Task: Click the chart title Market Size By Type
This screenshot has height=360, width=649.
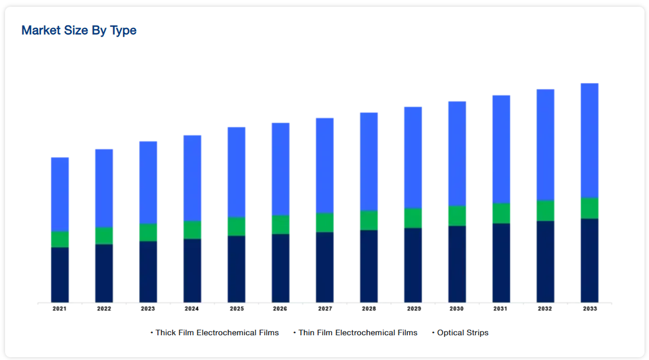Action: click(x=79, y=30)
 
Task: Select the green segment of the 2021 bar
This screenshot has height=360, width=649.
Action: click(x=60, y=239)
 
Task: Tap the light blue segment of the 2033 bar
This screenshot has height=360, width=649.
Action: click(x=589, y=140)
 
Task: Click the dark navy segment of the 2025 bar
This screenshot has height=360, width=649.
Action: click(x=237, y=269)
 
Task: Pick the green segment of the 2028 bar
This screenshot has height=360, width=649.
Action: click(x=369, y=220)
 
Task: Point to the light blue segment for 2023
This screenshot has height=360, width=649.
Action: click(x=148, y=183)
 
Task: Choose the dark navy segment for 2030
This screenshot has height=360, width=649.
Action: click(x=457, y=264)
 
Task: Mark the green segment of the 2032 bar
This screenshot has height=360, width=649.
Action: click(x=546, y=211)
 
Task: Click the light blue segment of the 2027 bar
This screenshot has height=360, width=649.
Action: click(x=325, y=166)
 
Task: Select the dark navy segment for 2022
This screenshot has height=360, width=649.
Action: click(x=104, y=273)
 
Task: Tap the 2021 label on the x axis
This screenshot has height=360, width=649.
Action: click(x=60, y=309)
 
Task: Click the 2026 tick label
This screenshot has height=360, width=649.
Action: click(x=280, y=309)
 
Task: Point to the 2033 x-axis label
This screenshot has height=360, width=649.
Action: click(x=589, y=309)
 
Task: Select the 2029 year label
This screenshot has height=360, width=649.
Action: click(x=413, y=309)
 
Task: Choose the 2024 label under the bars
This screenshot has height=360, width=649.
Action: click(x=192, y=309)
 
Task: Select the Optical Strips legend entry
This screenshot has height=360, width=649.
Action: click(x=462, y=333)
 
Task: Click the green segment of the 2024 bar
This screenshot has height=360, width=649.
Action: click(x=192, y=230)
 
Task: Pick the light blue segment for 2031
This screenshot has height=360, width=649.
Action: click(x=501, y=149)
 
